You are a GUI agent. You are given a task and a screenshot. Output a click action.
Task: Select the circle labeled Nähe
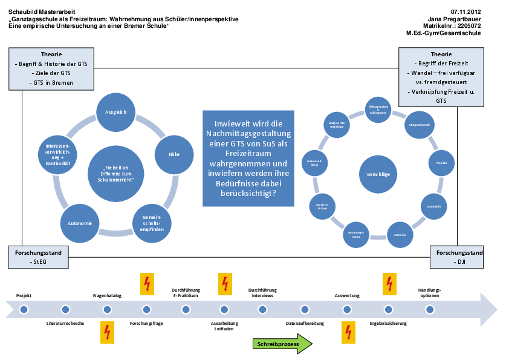tap(174, 154)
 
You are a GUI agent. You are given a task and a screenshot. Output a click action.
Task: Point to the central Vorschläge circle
tap(378, 174)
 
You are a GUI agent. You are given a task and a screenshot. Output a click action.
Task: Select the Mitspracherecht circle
tap(418, 124)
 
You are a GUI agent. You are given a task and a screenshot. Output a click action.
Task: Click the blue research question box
tap(247, 158)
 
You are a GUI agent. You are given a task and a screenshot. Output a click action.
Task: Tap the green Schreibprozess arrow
tap(282, 344)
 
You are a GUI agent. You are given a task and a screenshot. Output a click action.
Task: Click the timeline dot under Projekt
tap(24, 309)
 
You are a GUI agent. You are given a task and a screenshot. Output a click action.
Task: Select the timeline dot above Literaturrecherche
tap(65, 309)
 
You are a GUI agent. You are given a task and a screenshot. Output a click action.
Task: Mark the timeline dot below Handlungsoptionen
tap(430, 309)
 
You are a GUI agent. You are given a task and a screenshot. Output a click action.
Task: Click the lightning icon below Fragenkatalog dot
tap(107, 333)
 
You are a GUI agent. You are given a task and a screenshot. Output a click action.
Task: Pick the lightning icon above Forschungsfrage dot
tap(147, 284)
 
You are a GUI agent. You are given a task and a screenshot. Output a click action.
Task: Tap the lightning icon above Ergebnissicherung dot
tap(390, 284)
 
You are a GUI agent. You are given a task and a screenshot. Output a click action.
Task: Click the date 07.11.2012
tap(465, 11)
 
